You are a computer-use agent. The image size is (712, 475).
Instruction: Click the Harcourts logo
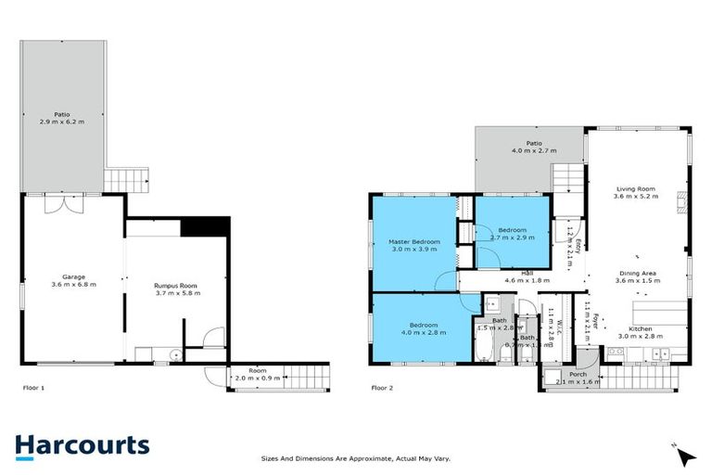pos(82,445)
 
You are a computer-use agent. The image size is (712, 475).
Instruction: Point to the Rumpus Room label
pos(176,287)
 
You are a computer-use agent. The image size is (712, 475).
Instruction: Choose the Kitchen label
pos(642,329)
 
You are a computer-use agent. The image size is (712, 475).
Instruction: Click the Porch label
pos(578,375)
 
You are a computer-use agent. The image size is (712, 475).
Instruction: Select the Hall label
pos(527,273)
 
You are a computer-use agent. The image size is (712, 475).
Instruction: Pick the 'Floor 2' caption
pos(382,388)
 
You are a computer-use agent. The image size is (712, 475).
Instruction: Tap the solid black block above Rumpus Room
pos(204,226)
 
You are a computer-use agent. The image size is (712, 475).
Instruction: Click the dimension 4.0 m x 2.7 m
pos(533,150)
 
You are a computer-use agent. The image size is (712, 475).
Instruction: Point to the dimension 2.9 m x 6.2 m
pos(62,122)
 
